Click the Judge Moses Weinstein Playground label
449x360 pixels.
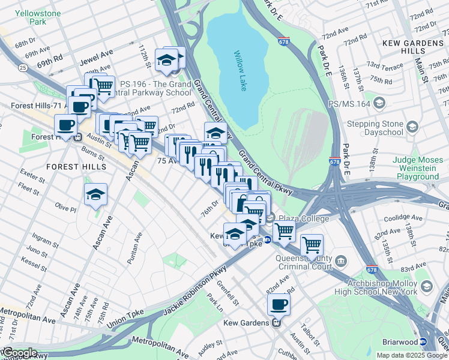(x=417, y=168)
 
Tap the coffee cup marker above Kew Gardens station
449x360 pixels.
(x=278, y=305)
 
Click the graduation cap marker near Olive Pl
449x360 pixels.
(x=95, y=195)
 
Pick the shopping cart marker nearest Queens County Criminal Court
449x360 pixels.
(x=311, y=244)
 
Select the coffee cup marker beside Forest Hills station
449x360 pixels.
(x=65, y=126)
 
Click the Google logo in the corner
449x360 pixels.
(x=19, y=353)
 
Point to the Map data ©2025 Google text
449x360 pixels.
(x=412, y=355)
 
